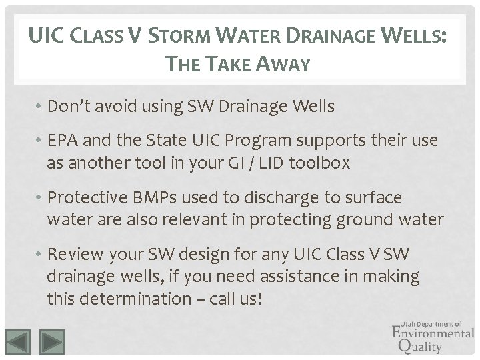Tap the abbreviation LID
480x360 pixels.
tap(263, 163)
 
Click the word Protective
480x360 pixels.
tap(89, 198)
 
